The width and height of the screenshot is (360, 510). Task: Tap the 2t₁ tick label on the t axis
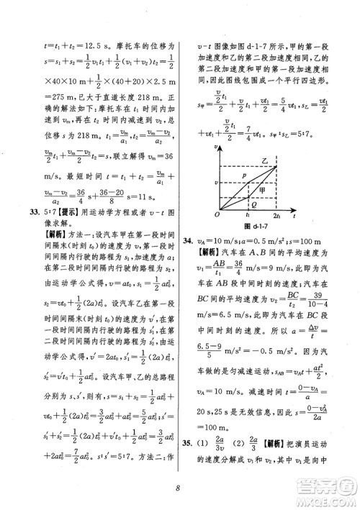(x=277, y=214)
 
